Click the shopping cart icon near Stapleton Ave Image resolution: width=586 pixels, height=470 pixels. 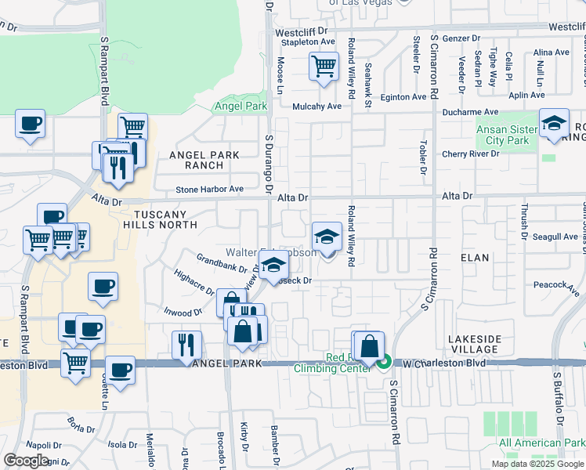(x=324, y=66)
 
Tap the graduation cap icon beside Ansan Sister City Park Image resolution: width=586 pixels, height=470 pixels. (x=554, y=123)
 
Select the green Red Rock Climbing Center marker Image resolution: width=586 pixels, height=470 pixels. (x=384, y=362)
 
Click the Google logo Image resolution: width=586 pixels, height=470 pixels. (x=26, y=461)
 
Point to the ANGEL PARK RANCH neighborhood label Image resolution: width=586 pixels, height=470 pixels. (x=204, y=161)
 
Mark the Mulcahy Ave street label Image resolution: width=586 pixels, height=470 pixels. (x=317, y=107)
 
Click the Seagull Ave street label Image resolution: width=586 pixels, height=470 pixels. (x=555, y=237)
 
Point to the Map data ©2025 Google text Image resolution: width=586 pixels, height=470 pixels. (x=537, y=464)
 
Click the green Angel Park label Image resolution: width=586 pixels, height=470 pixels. (x=236, y=107)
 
